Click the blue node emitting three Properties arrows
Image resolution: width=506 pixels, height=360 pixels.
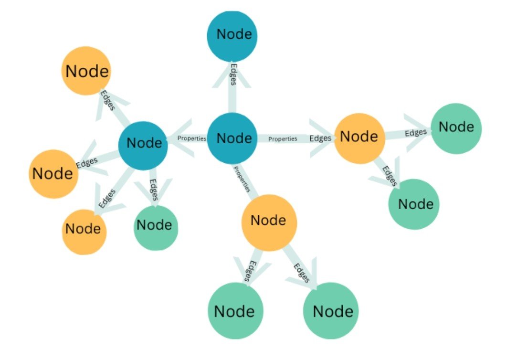pos(232,138)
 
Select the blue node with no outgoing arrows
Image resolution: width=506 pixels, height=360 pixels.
pos(232,35)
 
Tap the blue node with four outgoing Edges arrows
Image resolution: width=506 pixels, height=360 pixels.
pos(143,143)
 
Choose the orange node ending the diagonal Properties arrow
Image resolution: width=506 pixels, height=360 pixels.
pos(269,221)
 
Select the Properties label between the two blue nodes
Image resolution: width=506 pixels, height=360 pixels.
pos(192,138)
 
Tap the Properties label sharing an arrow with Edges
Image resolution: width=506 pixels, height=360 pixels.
pos(283,139)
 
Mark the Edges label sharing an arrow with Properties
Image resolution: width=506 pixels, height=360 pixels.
pos(320,138)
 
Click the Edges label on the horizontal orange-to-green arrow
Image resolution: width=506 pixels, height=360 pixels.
pos(415,133)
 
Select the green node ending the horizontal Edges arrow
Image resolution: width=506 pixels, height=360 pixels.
pos(456,128)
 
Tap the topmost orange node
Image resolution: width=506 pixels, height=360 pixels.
pos(86,71)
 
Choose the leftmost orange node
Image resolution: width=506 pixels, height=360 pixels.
pos(53,174)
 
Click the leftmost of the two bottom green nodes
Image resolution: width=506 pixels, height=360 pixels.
pos(235,311)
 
